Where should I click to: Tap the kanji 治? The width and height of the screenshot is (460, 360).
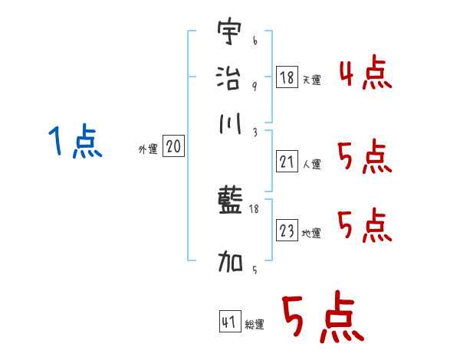(229, 77)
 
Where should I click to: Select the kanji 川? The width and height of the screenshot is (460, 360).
(229, 124)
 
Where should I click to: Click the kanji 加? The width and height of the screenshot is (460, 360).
(229, 262)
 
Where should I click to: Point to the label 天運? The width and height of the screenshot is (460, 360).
(311, 80)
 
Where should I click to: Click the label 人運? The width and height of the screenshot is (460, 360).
(311, 164)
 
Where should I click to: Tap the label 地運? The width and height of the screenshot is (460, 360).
(311, 234)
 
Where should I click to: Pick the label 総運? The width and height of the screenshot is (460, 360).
(255, 325)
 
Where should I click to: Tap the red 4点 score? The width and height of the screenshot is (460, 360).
(365, 74)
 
